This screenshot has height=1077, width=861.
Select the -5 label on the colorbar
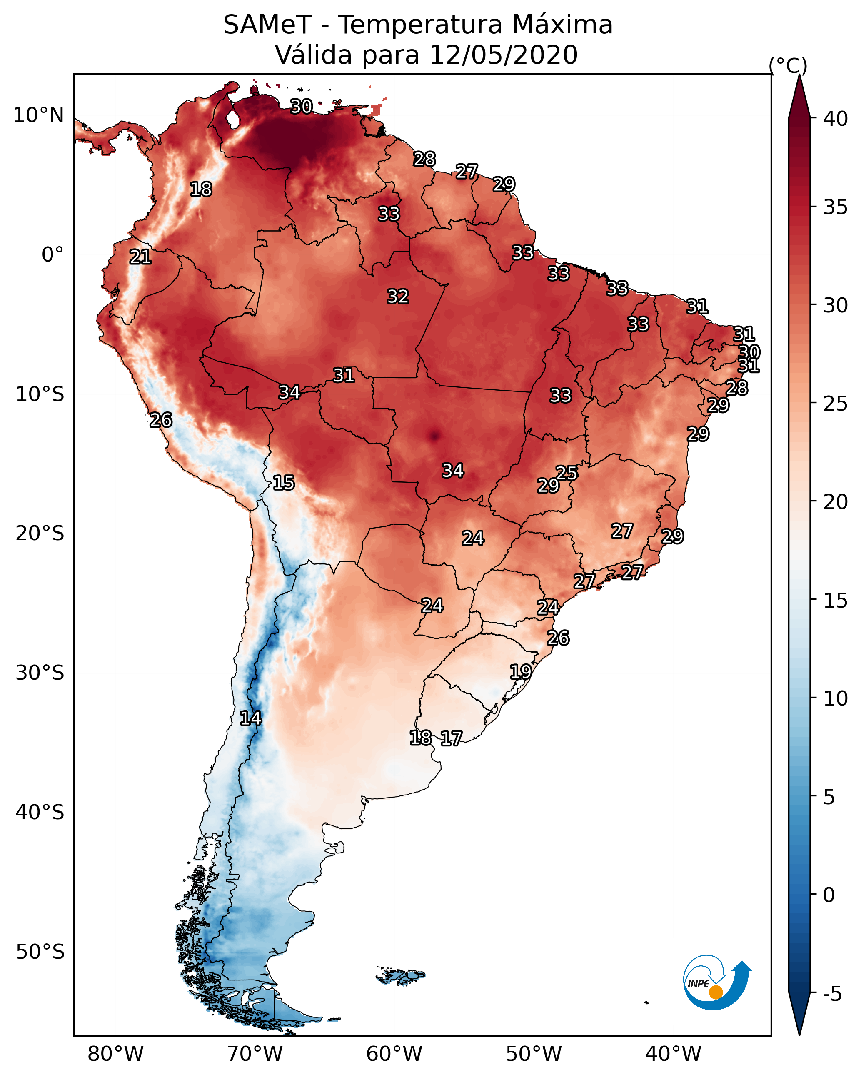832,994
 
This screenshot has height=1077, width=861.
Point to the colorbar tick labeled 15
836,601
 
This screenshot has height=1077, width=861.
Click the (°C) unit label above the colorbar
788,65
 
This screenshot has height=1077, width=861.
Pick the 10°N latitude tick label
38,115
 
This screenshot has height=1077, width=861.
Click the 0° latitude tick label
53,255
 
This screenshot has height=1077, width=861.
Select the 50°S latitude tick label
40,952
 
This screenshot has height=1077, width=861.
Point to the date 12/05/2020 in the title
504,55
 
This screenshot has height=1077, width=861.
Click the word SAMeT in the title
267,25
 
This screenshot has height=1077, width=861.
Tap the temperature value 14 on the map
250,718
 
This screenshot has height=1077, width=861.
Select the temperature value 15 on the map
283,483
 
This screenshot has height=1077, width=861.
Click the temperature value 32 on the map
398,296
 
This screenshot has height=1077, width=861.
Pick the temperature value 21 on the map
140,257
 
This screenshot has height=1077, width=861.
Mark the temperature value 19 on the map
520,671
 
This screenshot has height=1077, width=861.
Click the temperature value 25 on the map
567,473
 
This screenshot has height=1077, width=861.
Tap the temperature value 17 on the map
451,738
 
